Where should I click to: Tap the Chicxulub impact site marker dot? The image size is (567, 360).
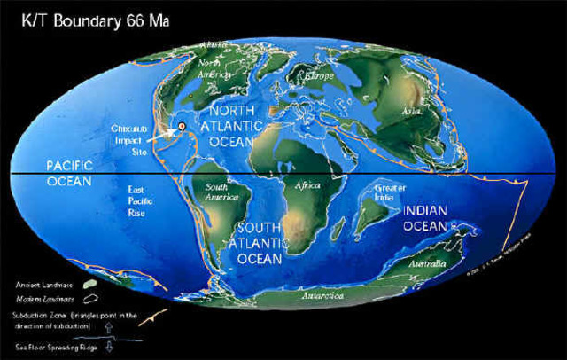coord(182,128)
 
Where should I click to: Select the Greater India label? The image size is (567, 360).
coord(390,193)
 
